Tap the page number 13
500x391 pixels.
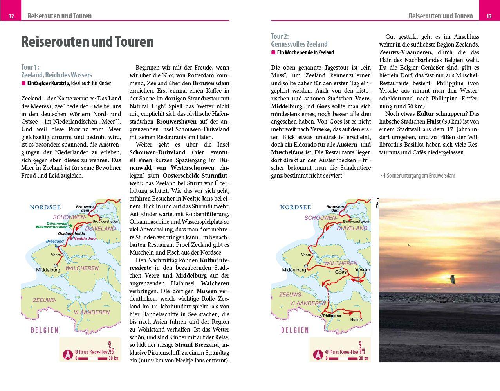coord(489,16)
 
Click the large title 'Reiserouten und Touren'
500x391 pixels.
coord(87,42)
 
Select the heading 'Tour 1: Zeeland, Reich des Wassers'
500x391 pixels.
coord(56,71)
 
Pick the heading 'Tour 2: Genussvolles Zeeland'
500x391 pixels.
coord(299,40)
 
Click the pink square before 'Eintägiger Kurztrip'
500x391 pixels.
coord(23,83)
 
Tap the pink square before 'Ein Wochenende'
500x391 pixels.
coord(273,52)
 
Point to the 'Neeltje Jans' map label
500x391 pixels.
coord(85,239)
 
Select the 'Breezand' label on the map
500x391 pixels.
coord(54,242)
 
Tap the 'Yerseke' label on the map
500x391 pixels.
coord(362,270)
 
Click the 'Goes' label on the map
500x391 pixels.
coord(341,272)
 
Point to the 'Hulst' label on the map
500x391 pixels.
coord(355,319)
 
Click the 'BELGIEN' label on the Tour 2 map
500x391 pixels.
coord(295,330)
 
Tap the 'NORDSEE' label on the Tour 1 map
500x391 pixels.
coord(45,208)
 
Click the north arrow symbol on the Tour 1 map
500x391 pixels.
coord(67,355)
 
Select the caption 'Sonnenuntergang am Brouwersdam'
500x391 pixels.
coord(421,176)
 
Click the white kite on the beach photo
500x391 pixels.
coord(453,279)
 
